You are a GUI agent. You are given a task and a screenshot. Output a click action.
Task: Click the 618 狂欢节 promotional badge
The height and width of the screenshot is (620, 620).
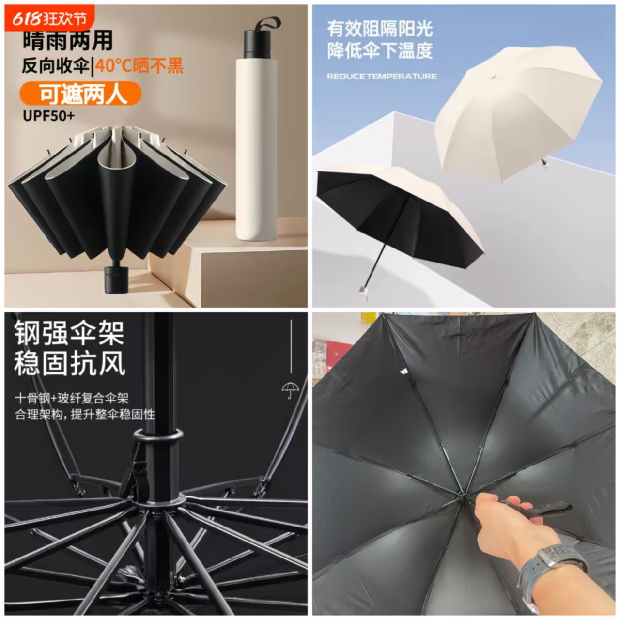tap(49, 18)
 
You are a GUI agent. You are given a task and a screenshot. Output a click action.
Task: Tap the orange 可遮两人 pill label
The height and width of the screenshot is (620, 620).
tap(80, 94)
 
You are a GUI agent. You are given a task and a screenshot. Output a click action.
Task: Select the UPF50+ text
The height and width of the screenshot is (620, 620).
tap(49, 116)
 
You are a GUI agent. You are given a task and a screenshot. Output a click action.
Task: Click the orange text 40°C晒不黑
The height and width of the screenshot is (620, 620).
tap(139, 65)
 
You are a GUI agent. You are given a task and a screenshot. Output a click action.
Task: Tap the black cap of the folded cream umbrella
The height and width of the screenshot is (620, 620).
tap(257, 44)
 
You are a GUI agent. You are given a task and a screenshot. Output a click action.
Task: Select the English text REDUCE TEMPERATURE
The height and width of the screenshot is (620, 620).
tap(382, 76)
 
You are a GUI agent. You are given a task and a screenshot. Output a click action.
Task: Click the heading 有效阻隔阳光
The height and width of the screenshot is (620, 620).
tap(380, 29)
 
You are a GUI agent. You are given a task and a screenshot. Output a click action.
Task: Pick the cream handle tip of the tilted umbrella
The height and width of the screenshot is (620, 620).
tap(362, 291)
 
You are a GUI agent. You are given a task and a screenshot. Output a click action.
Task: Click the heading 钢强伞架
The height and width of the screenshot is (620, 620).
tap(69, 333)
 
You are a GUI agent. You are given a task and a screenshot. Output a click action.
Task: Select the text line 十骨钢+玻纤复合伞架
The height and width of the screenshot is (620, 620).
tap(72, 399)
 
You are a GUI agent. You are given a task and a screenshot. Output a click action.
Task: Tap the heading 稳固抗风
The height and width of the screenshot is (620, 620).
tap(69, 364)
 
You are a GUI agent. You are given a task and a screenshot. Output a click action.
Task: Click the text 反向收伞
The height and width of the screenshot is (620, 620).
tap(55, 65)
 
